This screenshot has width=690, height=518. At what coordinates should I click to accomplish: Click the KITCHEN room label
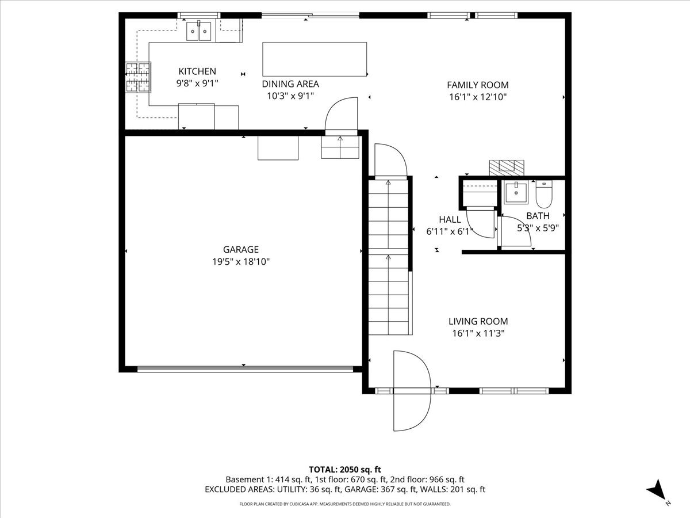coord(197,71)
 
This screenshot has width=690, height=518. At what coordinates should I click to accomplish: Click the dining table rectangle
coord(315,59)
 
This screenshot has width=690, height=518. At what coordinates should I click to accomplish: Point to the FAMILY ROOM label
coord(478,85)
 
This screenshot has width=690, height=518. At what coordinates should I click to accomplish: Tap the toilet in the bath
coord(543,195)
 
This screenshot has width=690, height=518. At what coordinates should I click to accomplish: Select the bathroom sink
coord(516,193)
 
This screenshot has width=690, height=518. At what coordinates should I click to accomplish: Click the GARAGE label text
coord(241,249)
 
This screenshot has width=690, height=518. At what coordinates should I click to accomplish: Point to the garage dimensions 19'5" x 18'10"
coord(241,262)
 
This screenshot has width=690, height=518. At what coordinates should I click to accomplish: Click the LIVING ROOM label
coord(478,321)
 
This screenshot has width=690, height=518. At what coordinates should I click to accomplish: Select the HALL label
coord(450,219)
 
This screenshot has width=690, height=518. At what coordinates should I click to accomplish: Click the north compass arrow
coord(657,491)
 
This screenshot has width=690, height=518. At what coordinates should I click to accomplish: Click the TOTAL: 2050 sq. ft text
coord(345,470)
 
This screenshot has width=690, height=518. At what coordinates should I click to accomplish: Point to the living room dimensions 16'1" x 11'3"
coord(478,333)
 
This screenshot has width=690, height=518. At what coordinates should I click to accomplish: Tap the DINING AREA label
coord(290,84)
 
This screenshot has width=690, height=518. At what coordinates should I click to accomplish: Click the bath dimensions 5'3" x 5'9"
coord(538,227)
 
